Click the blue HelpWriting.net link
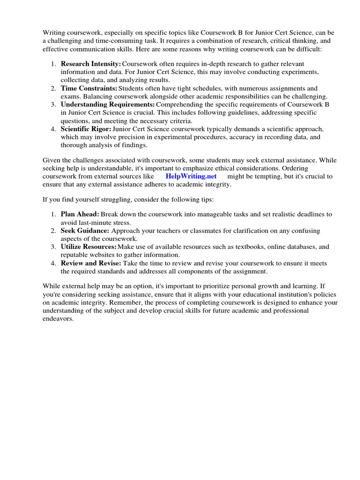191,176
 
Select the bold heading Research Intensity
90,63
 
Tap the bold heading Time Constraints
89,88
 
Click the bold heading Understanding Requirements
107,104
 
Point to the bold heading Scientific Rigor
86,129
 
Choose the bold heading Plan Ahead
80,214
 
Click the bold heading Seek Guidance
85,230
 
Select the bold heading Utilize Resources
89,247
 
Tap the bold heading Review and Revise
91,263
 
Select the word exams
70,96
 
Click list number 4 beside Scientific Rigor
53,129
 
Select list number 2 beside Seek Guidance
53,230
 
